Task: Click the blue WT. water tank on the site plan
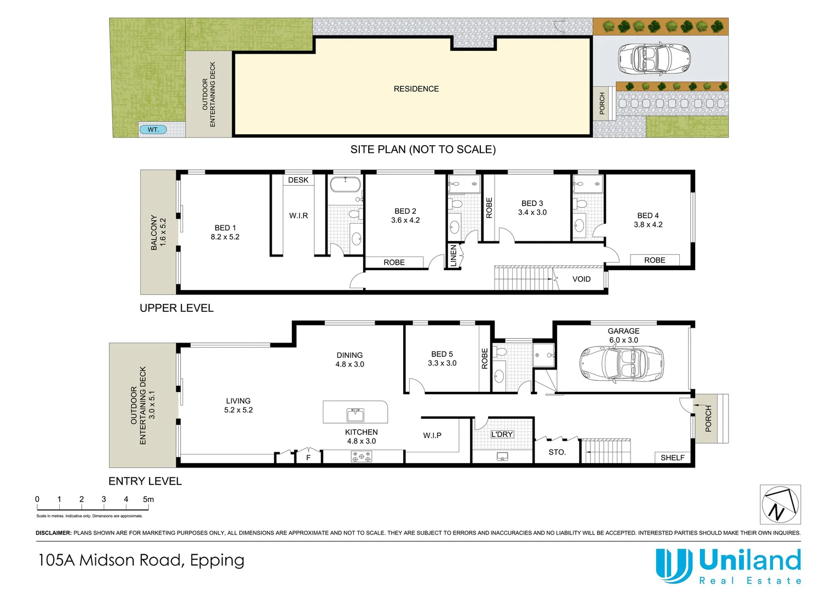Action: coord(153,130)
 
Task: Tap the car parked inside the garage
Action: coord(621,364)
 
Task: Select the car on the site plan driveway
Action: coord(654,59)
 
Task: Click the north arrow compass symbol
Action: coord(780,504)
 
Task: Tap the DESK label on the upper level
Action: coord(298,180)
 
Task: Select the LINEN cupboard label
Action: coord(453,256)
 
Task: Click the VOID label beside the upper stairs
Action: coord(581,279)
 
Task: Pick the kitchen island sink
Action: coord(356,414)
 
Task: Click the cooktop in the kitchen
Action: coord(362,457)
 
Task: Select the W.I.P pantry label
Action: coord(432,435)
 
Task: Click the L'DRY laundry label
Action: coord(502,434)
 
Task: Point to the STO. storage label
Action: coord(557,452)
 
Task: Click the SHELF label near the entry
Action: coord(673,458)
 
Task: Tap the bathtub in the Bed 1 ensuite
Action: coord(345,184)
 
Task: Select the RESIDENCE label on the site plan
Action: coord(416,89)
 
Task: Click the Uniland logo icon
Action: coord(672,566)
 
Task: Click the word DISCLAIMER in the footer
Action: coord(54,533)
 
